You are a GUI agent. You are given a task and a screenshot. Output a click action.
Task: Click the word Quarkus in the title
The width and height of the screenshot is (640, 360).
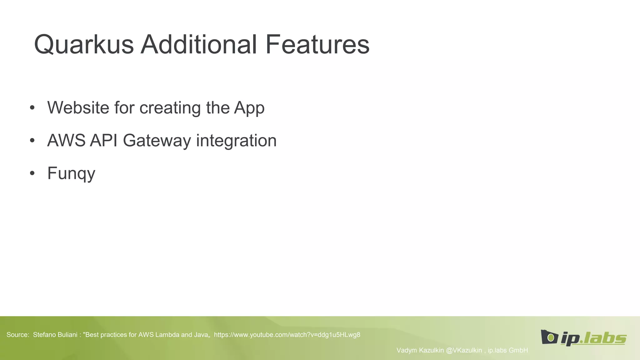84,44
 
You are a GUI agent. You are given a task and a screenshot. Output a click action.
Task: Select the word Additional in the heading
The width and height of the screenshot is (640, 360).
199,44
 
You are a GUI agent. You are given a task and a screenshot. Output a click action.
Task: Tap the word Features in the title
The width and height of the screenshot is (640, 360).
317,44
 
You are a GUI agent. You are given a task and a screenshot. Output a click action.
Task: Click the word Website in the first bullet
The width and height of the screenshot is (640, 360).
78,107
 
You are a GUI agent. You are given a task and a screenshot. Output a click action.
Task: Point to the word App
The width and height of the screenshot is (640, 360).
249,108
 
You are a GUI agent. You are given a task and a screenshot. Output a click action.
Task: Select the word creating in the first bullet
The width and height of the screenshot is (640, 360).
170,108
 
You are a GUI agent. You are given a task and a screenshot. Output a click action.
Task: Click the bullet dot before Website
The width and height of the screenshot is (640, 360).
32,108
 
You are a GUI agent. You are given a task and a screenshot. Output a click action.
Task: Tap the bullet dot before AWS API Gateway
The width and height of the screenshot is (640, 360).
32,141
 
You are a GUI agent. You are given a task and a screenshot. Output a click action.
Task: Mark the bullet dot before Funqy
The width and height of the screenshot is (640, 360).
32,173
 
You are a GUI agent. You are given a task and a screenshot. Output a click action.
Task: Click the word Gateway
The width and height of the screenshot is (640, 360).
157,141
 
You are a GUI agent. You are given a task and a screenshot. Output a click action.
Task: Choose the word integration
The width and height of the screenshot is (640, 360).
236,141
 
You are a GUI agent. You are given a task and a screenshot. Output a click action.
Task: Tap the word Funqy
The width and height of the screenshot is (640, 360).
71,173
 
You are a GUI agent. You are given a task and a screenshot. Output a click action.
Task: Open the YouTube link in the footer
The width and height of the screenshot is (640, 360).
287,335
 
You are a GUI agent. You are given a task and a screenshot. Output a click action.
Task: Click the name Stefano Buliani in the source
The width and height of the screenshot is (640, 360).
55,335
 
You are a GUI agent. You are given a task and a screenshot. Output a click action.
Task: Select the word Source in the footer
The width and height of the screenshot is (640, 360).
17,335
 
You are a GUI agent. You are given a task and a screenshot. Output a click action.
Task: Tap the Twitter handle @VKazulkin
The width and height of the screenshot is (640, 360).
464,350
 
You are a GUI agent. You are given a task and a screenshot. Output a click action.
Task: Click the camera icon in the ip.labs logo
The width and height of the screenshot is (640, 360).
549,337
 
